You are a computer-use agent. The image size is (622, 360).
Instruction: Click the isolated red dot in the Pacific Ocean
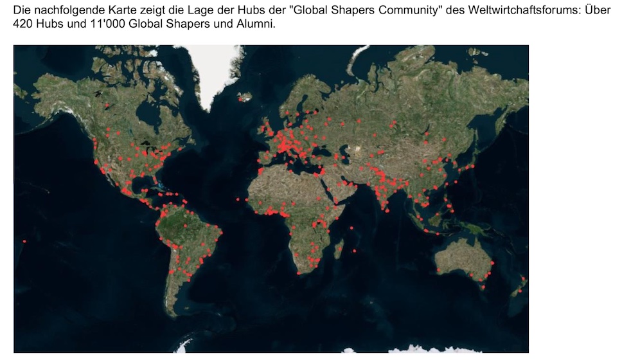point(24,241)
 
